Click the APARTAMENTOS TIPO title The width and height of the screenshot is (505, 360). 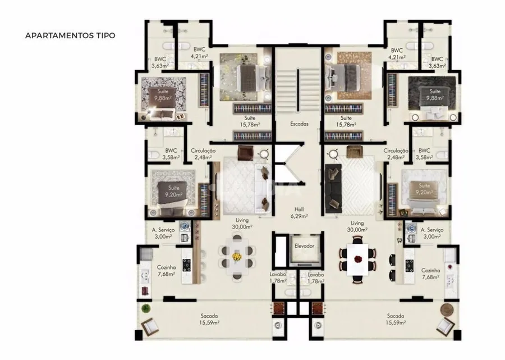70,35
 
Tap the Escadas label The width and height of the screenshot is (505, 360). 299,124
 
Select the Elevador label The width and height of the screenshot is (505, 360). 304,246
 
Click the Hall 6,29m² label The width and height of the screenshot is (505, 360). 299,213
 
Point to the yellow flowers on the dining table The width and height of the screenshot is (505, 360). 237,257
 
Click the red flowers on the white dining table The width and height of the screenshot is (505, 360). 358,259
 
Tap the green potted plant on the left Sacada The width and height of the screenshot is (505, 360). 146,308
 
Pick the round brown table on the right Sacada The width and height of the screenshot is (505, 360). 447,309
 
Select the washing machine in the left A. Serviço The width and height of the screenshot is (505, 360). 184,227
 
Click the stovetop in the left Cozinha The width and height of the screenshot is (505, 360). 187,265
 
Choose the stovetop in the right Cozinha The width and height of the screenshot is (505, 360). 409,266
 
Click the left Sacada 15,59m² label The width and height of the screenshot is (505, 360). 210,319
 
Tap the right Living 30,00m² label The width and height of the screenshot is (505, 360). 357,226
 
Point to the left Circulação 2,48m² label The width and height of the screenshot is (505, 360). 203,154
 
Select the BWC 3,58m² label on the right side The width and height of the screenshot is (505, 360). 424,154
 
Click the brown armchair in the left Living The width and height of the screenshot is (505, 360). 246,152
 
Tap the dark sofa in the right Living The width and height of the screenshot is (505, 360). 333,189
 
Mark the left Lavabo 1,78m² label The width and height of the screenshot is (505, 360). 278,278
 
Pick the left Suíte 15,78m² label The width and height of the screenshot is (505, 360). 250,121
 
